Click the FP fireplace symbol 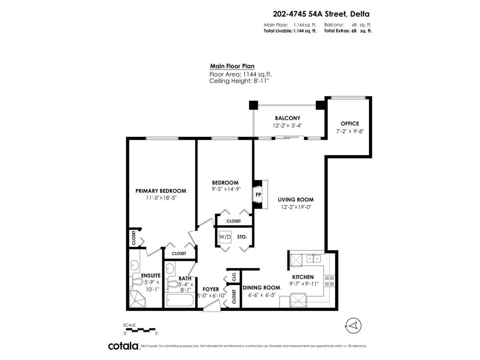(x=260, y=194)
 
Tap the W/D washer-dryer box (x=225, y=237)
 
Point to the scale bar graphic (x=141, y=329)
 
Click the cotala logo (x=124, y=346)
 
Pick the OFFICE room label (x=350, y=124)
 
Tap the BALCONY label (x=287, y=118)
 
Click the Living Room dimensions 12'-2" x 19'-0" (x=296, y=207)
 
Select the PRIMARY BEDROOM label (x=161, y=191)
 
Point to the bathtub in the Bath (x=180, y=300)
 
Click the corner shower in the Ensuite (x=138, y=299)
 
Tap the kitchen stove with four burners (x=329, y=281)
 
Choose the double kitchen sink (x=314, y=258)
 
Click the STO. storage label (x=242, y=237)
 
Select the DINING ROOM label (x=261, y=288)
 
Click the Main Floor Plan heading (x=232, y=66)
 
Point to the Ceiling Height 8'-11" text (x=239, y=81)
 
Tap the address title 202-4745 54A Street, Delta (x=321, y=14)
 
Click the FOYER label (x=211, y=289)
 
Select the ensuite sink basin (x=134, y=266)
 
